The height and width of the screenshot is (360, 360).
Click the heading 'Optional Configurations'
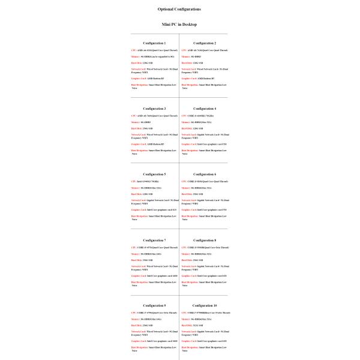(179, 9)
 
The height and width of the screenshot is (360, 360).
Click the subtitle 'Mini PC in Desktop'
(179, 25)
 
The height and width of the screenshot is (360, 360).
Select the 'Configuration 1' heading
(154, 43)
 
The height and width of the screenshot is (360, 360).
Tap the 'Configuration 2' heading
(204, 43)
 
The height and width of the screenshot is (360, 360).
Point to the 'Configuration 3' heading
(154, 109)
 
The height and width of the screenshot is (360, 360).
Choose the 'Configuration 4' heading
(204, 109)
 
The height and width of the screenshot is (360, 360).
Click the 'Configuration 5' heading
(154, 174)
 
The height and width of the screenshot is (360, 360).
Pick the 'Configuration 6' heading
(204, 174)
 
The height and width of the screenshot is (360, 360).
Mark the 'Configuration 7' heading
(154, 240)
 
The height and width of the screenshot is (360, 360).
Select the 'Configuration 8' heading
(204, 240)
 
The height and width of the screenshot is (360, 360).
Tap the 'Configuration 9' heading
(154, 305)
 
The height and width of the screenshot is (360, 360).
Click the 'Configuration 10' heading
(204, 305)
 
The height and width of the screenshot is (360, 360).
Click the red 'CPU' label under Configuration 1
(133, 50)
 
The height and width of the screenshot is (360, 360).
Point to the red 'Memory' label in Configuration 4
(186, 122)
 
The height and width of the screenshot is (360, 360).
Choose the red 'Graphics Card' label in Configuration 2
(188, 78)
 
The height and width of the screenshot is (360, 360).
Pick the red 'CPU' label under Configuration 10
(183, 313)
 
